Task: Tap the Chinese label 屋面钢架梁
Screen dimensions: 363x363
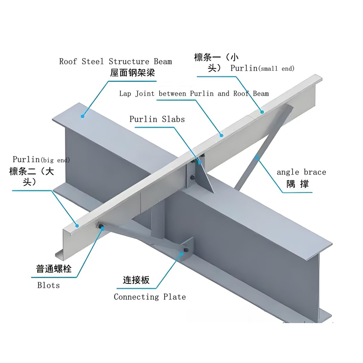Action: point(132,73)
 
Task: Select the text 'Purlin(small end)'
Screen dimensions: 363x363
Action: point(262,68)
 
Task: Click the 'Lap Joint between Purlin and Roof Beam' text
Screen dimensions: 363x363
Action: point(194,94)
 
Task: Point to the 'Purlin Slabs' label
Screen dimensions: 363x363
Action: point(157,119)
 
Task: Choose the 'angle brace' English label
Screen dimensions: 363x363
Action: point(301,172)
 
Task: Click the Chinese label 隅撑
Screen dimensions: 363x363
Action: point(297,184)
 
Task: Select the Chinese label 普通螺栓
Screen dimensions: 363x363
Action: point(54,269)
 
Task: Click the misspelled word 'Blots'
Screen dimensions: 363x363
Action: point(49,285)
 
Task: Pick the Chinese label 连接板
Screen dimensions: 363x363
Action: point(136,280)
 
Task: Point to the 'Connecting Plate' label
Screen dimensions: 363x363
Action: point(150,297)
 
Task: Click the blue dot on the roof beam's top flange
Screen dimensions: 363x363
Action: point(83,116)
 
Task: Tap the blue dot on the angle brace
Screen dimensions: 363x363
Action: point(257,157)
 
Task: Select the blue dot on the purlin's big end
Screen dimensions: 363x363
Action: point(77,225)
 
